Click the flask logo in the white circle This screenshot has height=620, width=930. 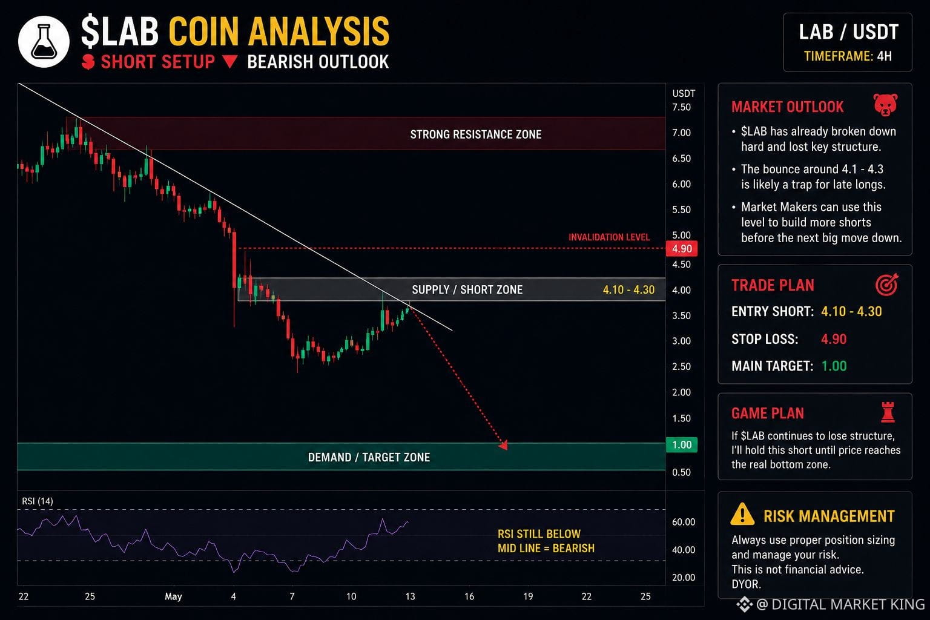click(44, 42)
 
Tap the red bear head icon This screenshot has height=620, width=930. click(885, 105)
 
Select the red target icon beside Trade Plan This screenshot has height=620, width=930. click(887, 285)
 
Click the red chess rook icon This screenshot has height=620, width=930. click(888, 412)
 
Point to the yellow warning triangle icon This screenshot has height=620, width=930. click(742, 514)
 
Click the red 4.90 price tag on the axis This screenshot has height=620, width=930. click(682, 249)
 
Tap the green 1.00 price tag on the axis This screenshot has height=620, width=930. click(682, 445)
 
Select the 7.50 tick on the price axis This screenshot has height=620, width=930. click(681, 107)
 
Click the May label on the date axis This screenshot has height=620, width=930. click(173, 597)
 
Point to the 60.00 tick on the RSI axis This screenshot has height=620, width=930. click(684, 521)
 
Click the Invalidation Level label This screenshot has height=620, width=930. click(609, 237)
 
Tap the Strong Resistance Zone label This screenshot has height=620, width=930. click(476, 134)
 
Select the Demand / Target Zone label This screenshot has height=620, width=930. click(369, 457)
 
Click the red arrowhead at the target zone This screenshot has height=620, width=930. click(503, 445)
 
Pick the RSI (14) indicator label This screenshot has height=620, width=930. click(38, 501)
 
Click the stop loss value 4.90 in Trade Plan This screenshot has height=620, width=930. click(834, 339)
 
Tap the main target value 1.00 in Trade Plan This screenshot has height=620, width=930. click(834, 366)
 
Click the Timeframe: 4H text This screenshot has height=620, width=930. click(848, 56)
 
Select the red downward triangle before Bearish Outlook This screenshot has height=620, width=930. click(229, 62)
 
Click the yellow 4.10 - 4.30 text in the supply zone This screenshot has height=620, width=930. click(628, 289)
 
